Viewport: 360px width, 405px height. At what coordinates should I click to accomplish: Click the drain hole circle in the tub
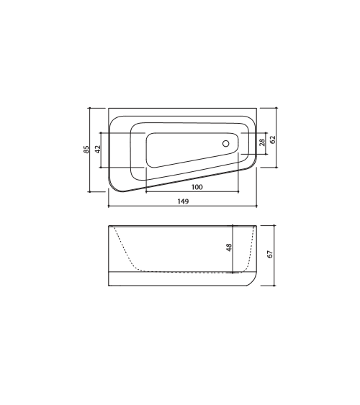coord(226,144)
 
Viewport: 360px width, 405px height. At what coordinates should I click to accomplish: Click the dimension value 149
coord(183,201)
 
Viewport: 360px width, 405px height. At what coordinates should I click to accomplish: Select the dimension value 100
coord(197,187)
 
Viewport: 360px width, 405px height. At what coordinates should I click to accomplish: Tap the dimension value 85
coord(86,150)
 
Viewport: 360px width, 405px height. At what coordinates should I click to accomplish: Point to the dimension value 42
coord(98,149)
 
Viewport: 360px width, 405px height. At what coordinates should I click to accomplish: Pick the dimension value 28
coord(262,142)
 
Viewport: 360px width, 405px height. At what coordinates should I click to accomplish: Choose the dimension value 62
coord(273,140)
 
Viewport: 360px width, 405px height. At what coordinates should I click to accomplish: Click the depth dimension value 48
coord(229,247)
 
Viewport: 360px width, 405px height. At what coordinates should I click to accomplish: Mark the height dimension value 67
coord(270,254)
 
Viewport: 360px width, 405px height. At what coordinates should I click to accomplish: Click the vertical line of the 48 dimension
coord(233,249)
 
